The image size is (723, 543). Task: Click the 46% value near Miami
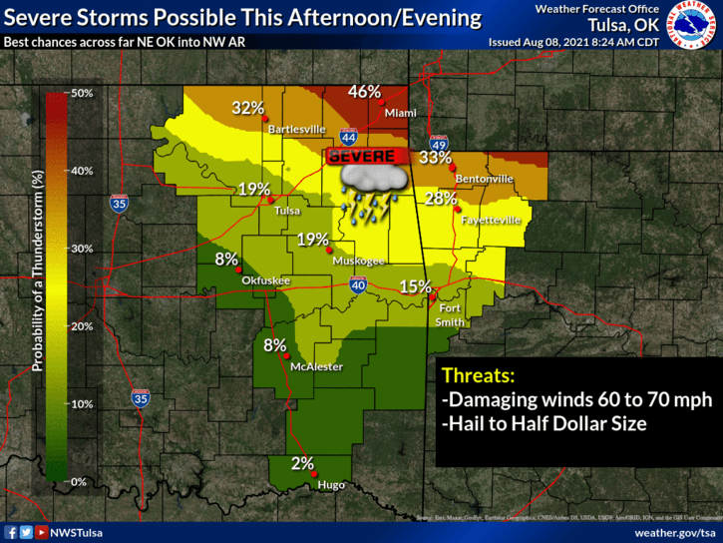pos(364,92)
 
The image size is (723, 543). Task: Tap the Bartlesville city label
pos(295,129)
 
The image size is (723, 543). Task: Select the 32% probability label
pos(248,108)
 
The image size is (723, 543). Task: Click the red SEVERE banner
pos(368,157)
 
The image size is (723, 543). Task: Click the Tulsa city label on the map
pos(287,211)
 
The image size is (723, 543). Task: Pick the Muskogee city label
pos(358,261)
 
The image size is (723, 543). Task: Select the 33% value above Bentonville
pos(435,157)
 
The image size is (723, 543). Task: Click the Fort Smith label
pos(451,314)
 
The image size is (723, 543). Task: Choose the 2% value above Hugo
pos(302,463)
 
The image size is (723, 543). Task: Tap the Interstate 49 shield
pos(438,144)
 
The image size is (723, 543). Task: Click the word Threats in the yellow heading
pos(478,376)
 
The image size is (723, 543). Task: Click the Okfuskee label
pos(266,280)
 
